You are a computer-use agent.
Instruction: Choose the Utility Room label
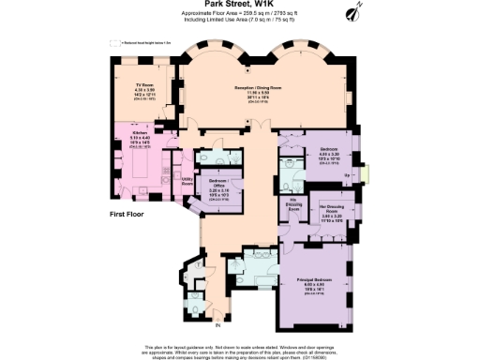pyautogui.click(x=187, y=179)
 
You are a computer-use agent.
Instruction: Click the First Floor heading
pyautogui.click(x=129, y=215)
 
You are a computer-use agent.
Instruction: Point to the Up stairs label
pyautogui.click(x=348, y=174)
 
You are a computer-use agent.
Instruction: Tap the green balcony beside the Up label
pyautogui.click(x=367, y=173)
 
